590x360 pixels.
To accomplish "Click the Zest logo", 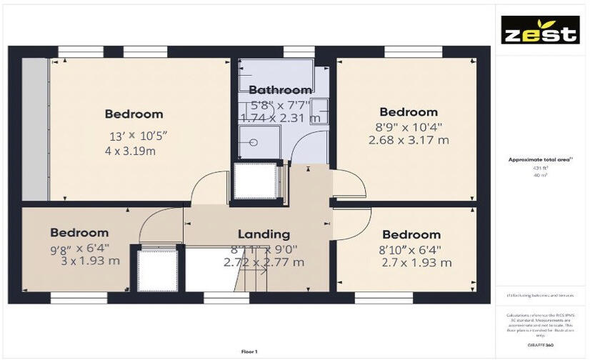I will click(539, 30).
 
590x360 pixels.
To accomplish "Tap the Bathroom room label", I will click(280, 90).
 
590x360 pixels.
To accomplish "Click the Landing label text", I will click(264, 234).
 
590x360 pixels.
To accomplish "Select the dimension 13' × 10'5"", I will click(139, 136).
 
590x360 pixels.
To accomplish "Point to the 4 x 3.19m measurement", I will click(130, 151).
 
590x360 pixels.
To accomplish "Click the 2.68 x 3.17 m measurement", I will click(409, 140).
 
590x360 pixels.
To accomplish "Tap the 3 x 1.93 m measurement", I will click(90, 261).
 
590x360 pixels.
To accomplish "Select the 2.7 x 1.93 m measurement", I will click(417, 263).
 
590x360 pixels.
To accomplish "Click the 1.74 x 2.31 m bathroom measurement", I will click(280, 118).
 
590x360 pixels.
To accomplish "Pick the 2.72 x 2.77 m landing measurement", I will click(264, 262).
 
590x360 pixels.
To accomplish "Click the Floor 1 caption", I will click(249, 352).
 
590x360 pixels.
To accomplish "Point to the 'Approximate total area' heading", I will click(539, 160).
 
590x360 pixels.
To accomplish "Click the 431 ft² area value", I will click(539, 168).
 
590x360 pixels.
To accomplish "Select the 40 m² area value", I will click(539, 174).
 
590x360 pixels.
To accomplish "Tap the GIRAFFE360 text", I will click(540, 345).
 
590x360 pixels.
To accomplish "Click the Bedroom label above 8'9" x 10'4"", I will click(409, 112).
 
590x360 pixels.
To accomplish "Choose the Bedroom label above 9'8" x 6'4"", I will click(79, 232).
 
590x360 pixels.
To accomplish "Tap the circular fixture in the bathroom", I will click(253, 141).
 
